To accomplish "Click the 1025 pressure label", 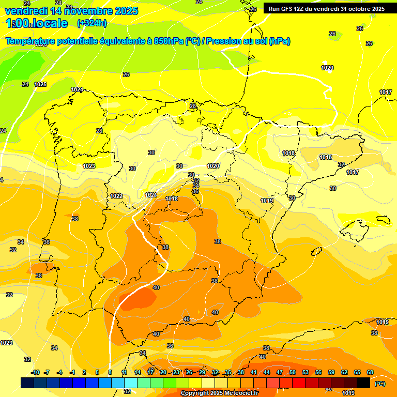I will [x=40, y=84].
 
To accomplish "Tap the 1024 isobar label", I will [x=77, y=89].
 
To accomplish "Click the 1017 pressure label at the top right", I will [x=385, y=92].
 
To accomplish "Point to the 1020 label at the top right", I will [x=327, y=68].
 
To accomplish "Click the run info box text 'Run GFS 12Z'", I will [x=289, y=9].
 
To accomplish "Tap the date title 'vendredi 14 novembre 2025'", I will [x=71, y=11].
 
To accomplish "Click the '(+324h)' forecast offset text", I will [x=91, y=23].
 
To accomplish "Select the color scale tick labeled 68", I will [x=370, y=372].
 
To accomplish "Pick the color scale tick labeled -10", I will [x=35, y=372].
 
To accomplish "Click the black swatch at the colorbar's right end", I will [x=363, y=383].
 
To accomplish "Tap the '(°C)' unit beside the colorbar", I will [x=380, y=383].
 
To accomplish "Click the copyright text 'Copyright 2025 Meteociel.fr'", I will [x=219, y=393].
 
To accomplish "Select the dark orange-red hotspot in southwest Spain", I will [x=139, y=298].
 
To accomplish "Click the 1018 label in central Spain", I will [x=172, y=198].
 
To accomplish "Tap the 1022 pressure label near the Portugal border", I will [x=116, y=196].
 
